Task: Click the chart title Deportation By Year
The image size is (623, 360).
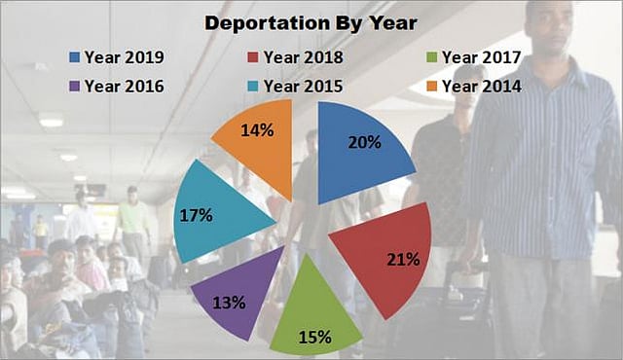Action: coord(311,22)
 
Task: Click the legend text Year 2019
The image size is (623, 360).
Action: coord(125,57)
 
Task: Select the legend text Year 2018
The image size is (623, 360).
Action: coord(303,57)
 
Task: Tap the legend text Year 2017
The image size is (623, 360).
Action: coord(481,57)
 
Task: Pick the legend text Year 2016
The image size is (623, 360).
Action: coord(125,86)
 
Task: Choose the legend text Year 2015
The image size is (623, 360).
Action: coord(303,86)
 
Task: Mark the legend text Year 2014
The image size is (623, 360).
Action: coord(481,86)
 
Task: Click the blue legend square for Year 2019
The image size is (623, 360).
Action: coord(75,57)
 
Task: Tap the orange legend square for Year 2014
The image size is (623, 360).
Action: coord(432,86)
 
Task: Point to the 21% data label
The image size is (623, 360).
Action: coord(402,260)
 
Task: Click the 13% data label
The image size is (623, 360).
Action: coord(228,303)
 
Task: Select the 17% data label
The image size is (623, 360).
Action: coord(195,215)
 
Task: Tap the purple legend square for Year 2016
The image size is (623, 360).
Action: coord(75,86)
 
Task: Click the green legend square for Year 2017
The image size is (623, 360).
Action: coord(432,57)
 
